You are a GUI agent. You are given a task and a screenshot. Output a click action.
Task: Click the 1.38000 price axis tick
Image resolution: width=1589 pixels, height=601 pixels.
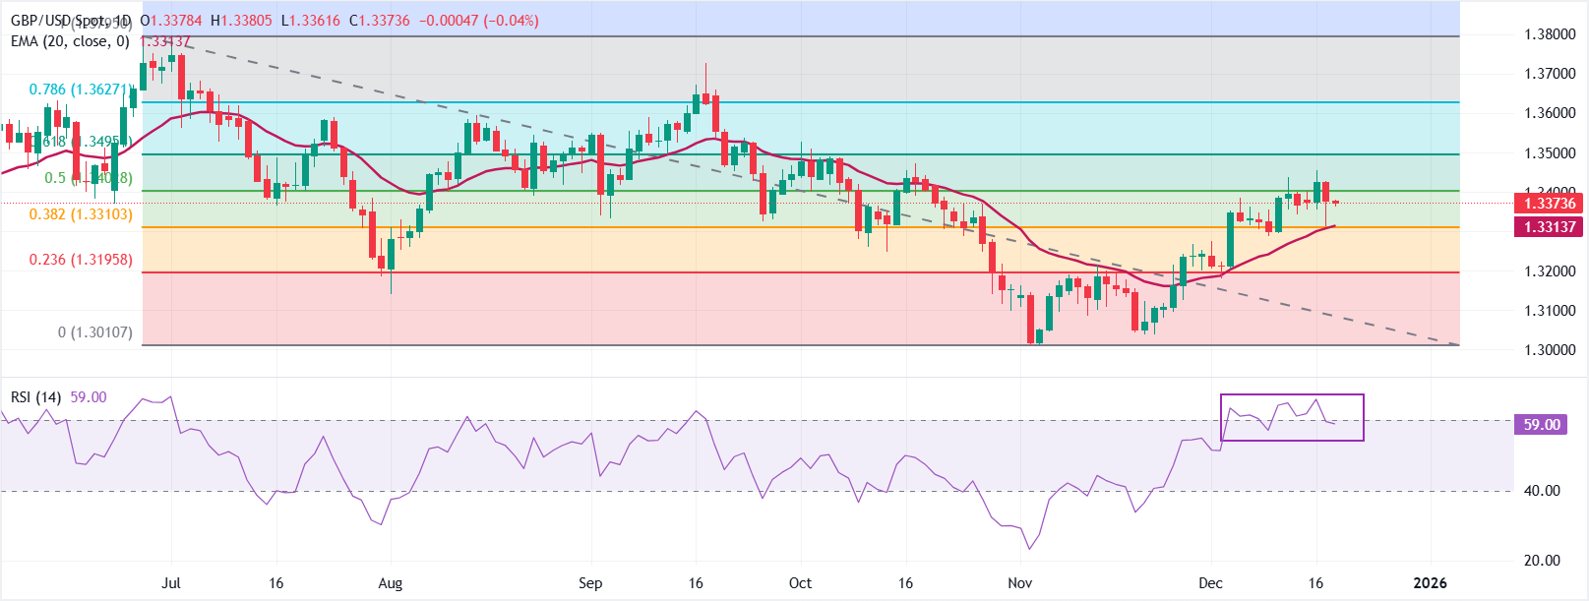(x=1550, y=34)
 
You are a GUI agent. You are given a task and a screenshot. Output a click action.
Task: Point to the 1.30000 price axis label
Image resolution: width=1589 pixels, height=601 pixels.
(x=1550, y=350)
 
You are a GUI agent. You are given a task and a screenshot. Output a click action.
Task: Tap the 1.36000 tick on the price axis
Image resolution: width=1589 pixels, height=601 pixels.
(x=1550, y=113)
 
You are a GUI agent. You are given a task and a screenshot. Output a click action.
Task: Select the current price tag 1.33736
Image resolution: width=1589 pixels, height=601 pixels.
(x=1550, y=204)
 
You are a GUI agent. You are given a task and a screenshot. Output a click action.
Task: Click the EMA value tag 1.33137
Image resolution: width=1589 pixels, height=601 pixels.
(x=1550, y=227)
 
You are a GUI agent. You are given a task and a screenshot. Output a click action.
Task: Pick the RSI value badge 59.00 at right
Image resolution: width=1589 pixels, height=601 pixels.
(x=1542, y=425)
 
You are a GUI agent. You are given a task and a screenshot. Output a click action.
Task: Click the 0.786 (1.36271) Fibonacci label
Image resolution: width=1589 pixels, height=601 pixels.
(x=80, y=90)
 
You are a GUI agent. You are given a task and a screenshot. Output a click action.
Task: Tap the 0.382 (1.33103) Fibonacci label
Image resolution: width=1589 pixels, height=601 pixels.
(x=80, y=214)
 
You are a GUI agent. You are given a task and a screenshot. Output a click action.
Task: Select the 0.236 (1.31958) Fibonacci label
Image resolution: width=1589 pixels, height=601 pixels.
(x=80, y=260)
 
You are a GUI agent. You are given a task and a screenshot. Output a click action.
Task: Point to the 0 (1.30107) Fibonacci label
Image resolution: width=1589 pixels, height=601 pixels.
(x=94, y=332)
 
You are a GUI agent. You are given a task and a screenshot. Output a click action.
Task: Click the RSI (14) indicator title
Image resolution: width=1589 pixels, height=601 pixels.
(x=35, y=397)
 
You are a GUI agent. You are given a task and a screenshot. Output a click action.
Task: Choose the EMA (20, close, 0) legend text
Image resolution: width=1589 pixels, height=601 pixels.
(x=70, y=41)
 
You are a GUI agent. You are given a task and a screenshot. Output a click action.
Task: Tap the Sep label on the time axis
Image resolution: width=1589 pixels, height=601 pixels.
(x=590, y=583)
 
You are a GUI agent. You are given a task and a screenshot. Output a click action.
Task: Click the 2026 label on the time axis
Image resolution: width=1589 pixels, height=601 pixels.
(x=1430, y=583)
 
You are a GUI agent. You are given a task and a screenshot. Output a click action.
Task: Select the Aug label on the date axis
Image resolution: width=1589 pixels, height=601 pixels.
(x=391, y=583)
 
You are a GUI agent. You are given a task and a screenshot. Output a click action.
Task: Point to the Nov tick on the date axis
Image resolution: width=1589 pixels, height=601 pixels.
(x=1020, y=583)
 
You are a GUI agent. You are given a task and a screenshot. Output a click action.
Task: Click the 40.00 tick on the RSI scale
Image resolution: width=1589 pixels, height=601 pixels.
(x=1542, y=491)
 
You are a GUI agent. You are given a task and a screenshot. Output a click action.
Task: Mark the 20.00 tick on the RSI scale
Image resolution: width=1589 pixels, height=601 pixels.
(x=1542, y=561)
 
